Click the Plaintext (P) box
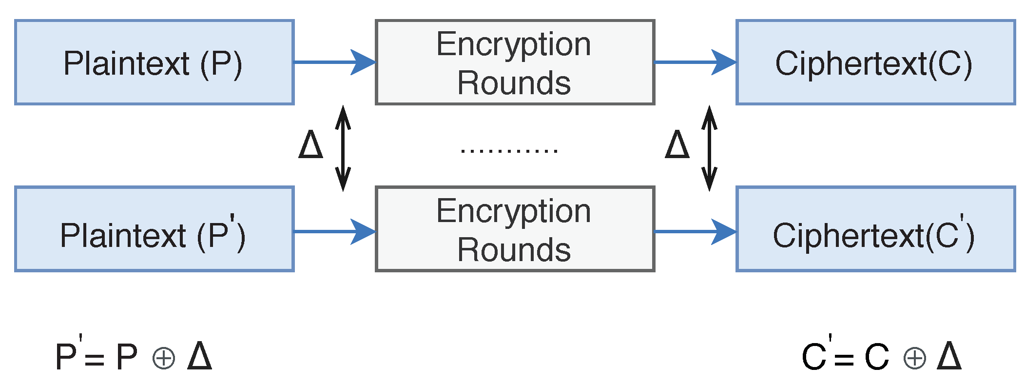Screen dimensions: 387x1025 click(154, 62)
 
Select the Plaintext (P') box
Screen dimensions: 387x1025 click(154, 229)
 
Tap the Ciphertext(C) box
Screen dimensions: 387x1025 click(875, 62)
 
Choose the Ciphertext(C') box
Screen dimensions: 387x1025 click(875, 229)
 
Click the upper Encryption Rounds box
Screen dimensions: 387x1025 click(515, 62)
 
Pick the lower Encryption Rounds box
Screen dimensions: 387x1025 click(515, 229)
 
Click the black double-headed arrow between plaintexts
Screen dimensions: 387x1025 click(343, 148)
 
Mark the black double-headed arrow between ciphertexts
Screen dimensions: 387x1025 click(709, 148)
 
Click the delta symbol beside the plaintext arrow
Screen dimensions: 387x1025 click(310, 144)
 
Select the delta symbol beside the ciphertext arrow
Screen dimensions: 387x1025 click(677, 144)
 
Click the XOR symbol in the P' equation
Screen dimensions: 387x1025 click(164, 359)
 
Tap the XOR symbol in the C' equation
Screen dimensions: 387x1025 click(914, 359)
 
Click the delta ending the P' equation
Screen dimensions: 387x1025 click(199, 356)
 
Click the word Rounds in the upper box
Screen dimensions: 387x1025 click(514, 83)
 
